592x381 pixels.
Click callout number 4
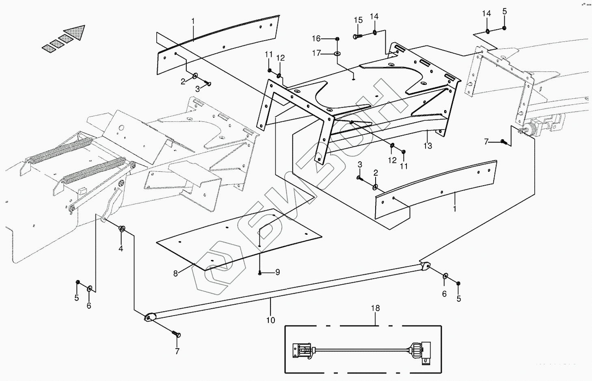pos(121,249)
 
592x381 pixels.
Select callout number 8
pos(175,273)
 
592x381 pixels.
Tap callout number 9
pos(277,272)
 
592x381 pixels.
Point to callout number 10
pos(270,320)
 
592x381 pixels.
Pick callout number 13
pos(428,145)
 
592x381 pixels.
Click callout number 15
pos(358,20)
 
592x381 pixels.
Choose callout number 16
pos(316,39)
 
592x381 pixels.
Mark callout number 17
pos(316,53)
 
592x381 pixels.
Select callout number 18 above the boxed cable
pos(376,308)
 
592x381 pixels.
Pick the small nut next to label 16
pos(337,39)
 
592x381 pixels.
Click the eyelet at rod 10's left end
pos(149,318)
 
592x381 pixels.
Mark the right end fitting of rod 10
pos(424,266)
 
